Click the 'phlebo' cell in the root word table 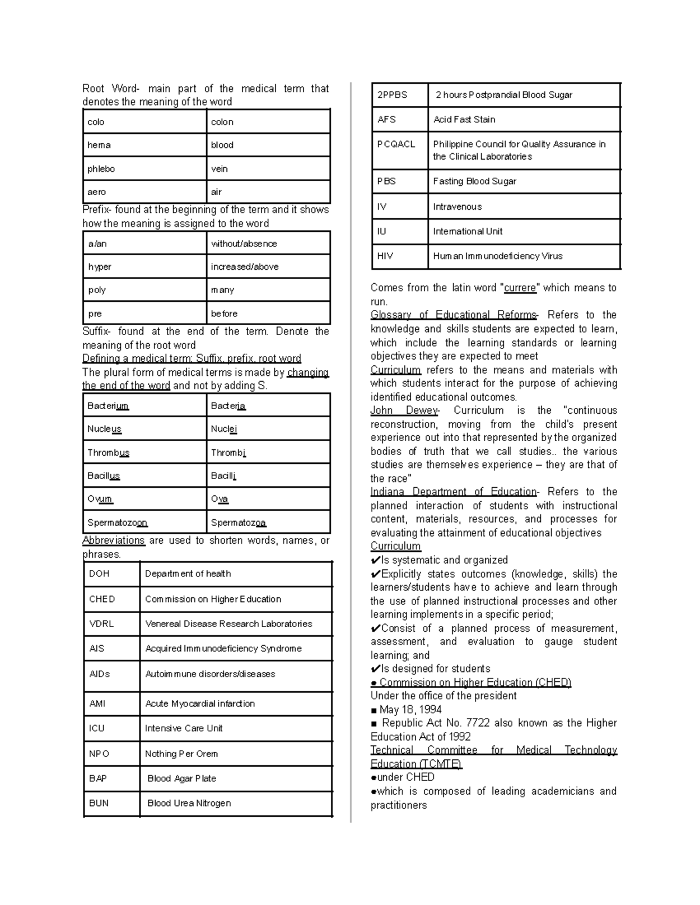tap(101, 169)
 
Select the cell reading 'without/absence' tap(244, 244)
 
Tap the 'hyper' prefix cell tap(100, 267)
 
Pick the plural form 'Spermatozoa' tap(239, 523)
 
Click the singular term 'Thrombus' tap(108, 453)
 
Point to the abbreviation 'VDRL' tap(101, 624)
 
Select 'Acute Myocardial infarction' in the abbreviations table tap(199, 703)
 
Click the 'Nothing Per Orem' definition tap(181, 753)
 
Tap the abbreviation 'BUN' tap(99, 803)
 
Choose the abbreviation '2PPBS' tap(392, 95)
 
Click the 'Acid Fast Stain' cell tap(464, 119)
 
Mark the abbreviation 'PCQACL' tap(396, 144)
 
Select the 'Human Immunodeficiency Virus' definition tap(498, 256)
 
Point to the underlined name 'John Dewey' tap(404, 410)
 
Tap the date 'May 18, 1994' tap(410, 709)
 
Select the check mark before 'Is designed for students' tap(375, 669)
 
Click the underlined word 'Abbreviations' tap(113, 540)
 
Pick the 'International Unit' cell tap(467, 231)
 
